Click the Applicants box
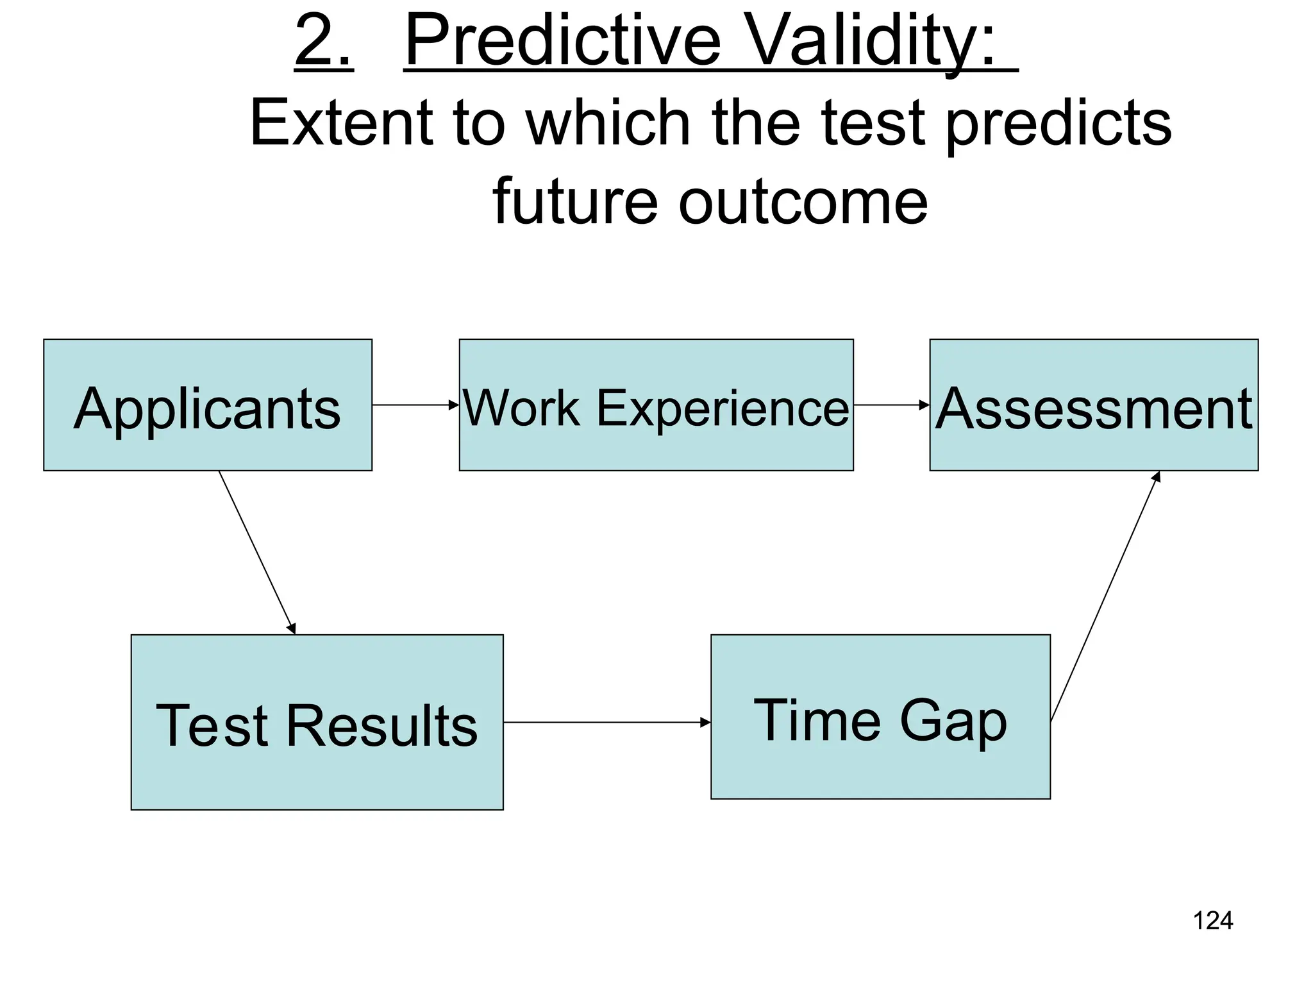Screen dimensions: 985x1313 [207, 405]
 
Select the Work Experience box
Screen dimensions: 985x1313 [656, 405]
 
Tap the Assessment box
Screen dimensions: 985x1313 [1094, 405]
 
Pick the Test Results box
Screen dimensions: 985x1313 [317, 723]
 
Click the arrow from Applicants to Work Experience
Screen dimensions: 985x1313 [415, 405]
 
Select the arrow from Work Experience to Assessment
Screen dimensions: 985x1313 [891, 405]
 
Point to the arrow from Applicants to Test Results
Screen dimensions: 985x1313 [257, 552]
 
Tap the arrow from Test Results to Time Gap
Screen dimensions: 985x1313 [606, 723]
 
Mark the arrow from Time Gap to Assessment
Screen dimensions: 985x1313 [1105, 596]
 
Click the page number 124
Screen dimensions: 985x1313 [1212, 921]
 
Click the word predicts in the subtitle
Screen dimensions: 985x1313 [1058, 123]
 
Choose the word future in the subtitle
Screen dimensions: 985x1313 [575, 201]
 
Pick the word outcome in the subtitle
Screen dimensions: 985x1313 [803, 201]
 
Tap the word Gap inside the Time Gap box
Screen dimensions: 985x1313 [953, 721]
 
